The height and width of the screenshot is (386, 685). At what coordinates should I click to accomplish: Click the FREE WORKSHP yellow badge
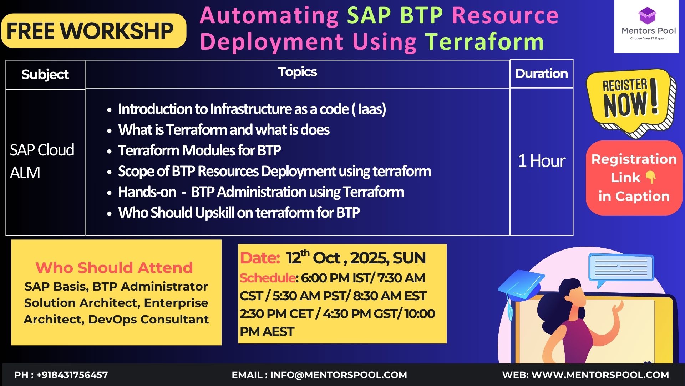(94, 31)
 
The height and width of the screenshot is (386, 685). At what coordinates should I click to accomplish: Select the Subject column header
(45, 74)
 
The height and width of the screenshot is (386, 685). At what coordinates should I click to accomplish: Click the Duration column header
(542, 74)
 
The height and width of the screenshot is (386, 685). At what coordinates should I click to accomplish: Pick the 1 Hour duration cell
(542, 161)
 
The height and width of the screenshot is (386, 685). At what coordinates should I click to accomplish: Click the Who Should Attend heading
(114, 268)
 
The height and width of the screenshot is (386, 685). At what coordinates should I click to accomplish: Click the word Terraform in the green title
(484, 42)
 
